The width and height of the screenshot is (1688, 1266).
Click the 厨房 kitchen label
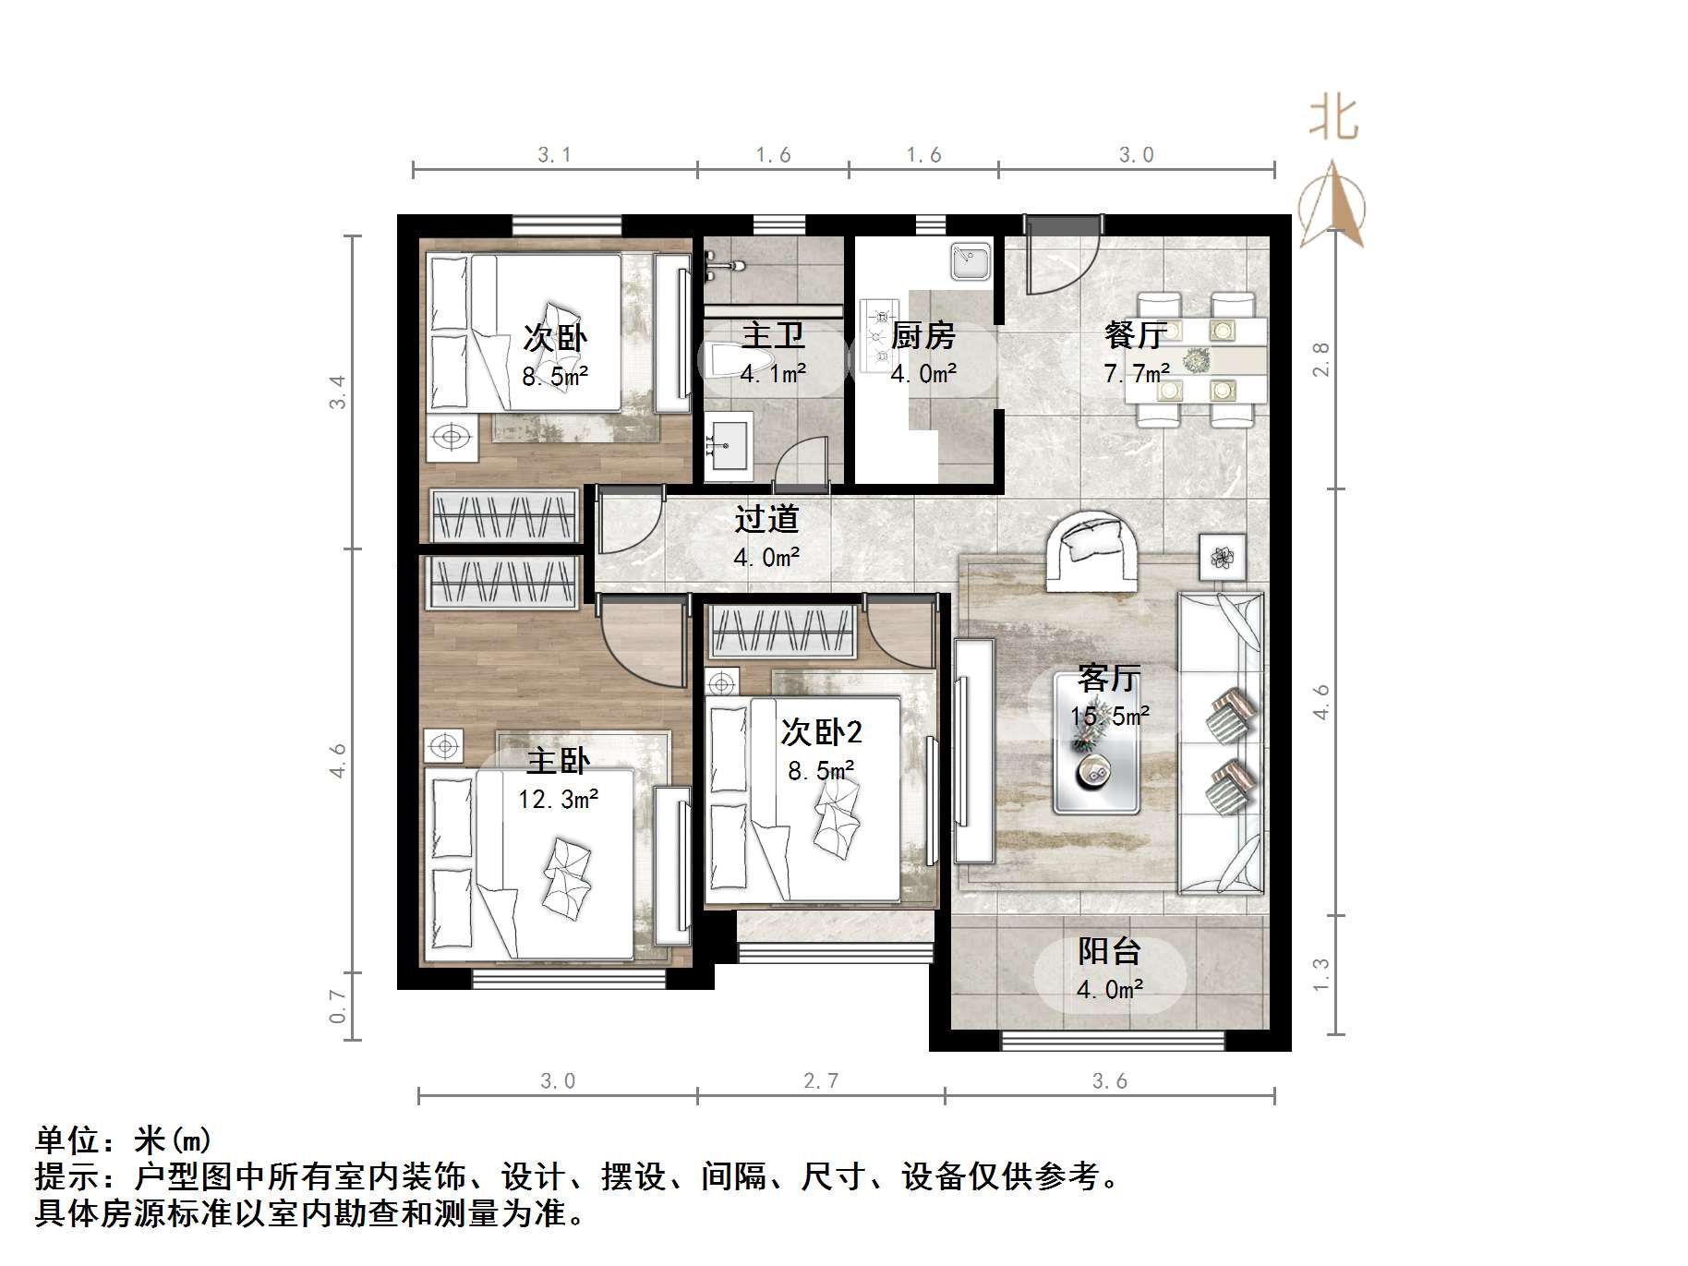tap(922, 335)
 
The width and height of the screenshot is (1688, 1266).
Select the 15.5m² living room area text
tap(1109, 716)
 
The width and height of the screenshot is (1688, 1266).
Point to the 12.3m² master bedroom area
tap(558, 799)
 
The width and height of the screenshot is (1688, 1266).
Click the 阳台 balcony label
tap(1109, 951)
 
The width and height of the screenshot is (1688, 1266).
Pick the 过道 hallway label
tap(766, 519)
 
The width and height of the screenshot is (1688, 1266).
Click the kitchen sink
tap(970, 261)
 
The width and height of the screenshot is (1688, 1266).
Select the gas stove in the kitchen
tap(877, 334)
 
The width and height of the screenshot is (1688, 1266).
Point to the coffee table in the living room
tap(1097, 743)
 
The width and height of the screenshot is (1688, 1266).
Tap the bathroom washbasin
tap(729, 447)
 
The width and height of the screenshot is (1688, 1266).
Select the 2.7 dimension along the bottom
tap(821, 1080)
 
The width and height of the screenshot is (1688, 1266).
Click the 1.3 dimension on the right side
tap(1321, 975)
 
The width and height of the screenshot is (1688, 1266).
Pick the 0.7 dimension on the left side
tap(338, 1006)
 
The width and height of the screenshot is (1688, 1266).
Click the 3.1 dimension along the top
tap(554, 155)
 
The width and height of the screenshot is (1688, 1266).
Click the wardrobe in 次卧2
tap(781, 632)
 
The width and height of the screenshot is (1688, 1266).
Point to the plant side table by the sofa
tap(1222, 557)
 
